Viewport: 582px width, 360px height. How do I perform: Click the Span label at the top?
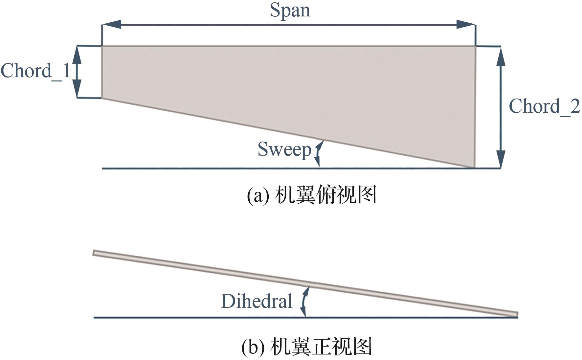click(x=290, y=10)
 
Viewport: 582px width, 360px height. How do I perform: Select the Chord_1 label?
click(x=35, y=71)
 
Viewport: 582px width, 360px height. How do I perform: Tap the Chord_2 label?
click(x=544, y=106)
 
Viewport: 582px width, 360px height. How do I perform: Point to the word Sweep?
click(x=284, y=149)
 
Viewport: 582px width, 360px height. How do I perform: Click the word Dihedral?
click(x=257, y=301)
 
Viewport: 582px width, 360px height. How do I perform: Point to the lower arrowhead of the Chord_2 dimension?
click(x=501, y=159)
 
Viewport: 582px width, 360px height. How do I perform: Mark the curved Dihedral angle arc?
click(x=304, y=301)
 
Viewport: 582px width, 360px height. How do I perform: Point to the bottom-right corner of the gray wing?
click(x=474, y=167)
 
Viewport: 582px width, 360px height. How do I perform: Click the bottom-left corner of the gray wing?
click(x=102, y=97)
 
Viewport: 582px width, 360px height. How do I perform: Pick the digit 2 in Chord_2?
click(x=574, y=106)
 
